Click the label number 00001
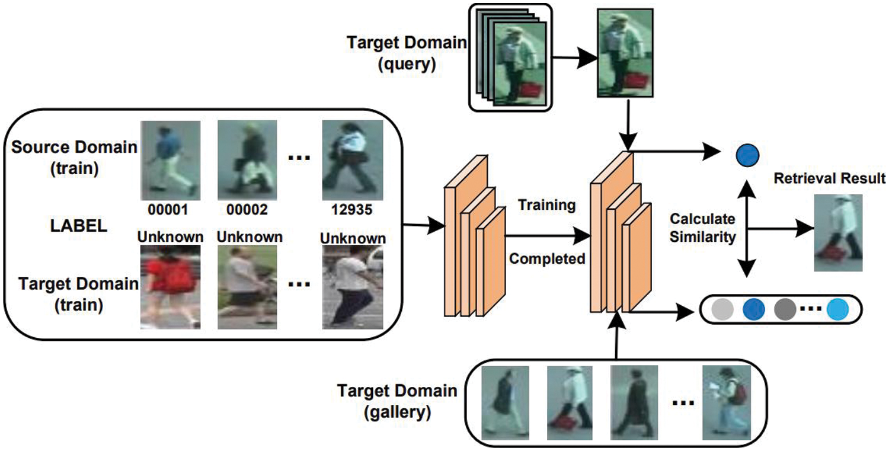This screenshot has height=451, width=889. tap(170, 210)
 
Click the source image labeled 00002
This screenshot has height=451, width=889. tap(247, 159)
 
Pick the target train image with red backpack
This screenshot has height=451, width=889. tap(170, 287)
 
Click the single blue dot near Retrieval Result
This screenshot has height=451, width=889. tap(747, 156)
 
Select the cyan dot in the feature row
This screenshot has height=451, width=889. tap(838, 309)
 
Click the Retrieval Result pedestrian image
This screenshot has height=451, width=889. tap(838, 232)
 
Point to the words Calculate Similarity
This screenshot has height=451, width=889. tap(703, 228)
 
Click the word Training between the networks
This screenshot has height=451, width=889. tap(546, 206)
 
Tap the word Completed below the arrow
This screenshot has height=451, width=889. tap(546, 259)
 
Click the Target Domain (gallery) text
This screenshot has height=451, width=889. tap(397, 401)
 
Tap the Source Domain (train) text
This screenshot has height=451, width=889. tap(74, 156)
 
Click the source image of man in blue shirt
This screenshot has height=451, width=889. tap(170, 159)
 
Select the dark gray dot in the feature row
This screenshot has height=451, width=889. tap(785, 309)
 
